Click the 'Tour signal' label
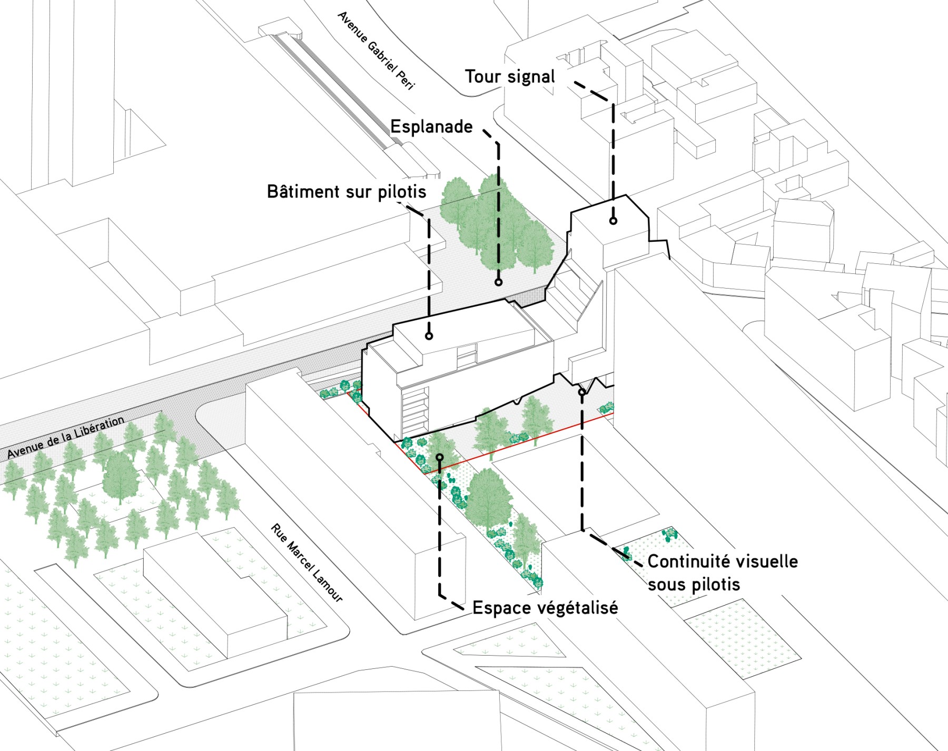(x=509, y=77)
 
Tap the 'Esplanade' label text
(x=431, y=127)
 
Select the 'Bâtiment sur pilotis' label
(x=347, y=192)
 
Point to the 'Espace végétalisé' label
(x=545, y=608)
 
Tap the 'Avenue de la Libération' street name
(x=65, y=437)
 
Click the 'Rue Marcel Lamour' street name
(x=307, y=562)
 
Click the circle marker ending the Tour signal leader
(x=613, y=221)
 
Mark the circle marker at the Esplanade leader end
(x=498, y=282)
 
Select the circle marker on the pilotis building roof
(x=429, y=335)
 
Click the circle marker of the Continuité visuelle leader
(x=581, y=392)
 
